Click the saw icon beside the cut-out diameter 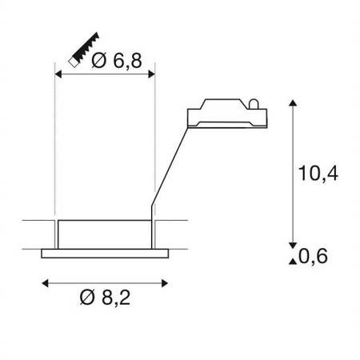[x=80, y=50]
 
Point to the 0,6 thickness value [x=314, y=256]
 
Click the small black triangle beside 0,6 [x=294, y=256]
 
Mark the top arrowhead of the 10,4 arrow [x=294, y=104]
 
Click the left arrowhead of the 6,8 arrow [x=58, y=74]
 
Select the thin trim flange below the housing [x=103, y=254]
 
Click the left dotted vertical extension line [x=54, y=144]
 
